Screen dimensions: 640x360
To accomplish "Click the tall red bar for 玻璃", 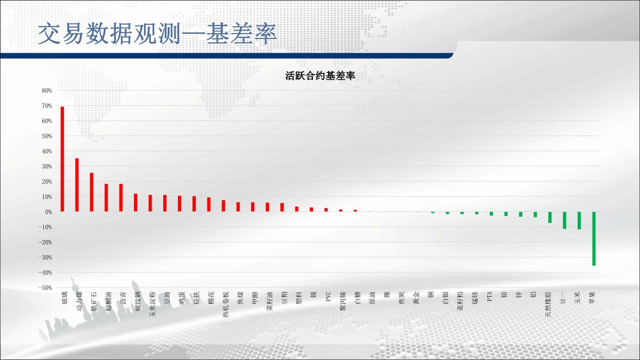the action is coord(62,159).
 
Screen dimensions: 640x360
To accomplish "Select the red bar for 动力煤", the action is coord(77,185).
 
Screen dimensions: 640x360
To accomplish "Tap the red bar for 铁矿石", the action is coord(91,192).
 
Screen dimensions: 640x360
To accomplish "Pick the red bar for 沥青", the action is coord(121,197).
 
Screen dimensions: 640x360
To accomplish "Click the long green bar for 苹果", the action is coord(594,239).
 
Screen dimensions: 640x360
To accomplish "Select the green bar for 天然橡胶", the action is coord(550,217).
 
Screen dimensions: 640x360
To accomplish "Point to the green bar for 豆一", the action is coord(565,220).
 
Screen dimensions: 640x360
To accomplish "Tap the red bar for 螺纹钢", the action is coord(135,203).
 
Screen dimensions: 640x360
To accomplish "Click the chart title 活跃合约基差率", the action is coord(320,76).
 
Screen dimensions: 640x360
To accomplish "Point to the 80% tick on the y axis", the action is coord(47,91).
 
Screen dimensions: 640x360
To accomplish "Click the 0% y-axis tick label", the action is coord(48,212).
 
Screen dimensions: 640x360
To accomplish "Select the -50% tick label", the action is coord(45,288).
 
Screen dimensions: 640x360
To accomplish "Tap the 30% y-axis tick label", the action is coord(47,166).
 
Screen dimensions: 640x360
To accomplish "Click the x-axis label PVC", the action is coord(328,296).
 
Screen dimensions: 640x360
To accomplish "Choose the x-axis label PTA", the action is coord(489,296).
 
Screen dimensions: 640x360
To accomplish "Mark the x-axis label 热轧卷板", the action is coord(226,305).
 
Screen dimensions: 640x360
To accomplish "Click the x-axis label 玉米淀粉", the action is coord(152,305).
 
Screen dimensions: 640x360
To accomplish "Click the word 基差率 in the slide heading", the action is coord(242,34).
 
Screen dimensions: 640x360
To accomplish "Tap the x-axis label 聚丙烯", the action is coord(343,301).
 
